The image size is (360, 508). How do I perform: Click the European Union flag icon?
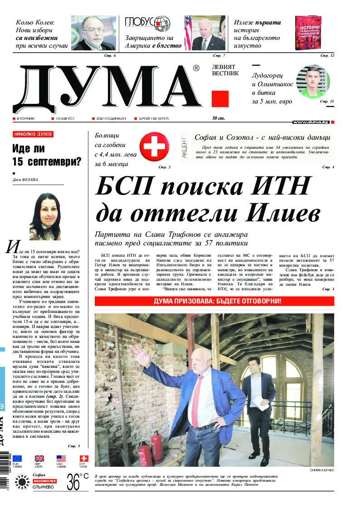[x=17, y=458]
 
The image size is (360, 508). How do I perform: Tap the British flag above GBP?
[x=39, y=458]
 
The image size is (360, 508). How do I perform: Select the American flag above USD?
[x=61, y=458]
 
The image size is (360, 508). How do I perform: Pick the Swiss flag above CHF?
[x=84, y=458]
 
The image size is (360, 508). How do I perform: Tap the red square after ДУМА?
[x=220, y=99]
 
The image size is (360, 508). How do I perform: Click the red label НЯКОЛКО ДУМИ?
[x=33, y=135]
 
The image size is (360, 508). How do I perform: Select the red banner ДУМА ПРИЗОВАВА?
[x=214, y=301]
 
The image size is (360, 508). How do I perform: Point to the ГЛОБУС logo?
[x=147, y=23]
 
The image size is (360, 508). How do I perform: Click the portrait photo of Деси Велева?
[x=45, y=217]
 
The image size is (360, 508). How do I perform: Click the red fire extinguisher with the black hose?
[x=156, y=449]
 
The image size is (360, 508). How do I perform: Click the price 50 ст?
[x=218, y=118]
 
